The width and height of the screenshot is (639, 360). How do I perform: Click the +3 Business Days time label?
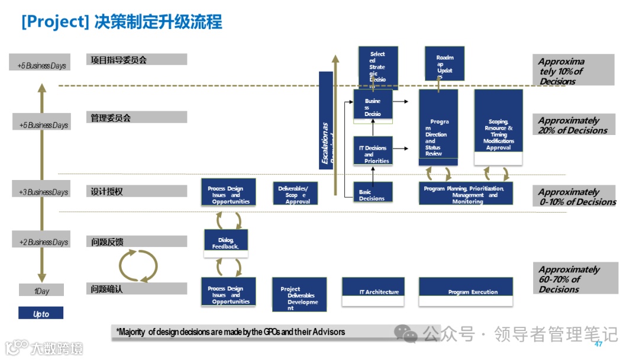coord(41,192)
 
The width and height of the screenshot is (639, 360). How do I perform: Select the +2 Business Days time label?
coord(41,242)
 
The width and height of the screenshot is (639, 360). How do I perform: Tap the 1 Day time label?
coord(41,291)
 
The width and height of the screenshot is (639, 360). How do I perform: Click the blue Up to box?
coord(41,314)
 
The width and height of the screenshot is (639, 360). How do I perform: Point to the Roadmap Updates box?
coord(445,63)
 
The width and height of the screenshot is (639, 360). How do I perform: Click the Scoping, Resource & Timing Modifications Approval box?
coord(498,128)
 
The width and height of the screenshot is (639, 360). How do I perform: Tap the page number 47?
coord(598,344)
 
